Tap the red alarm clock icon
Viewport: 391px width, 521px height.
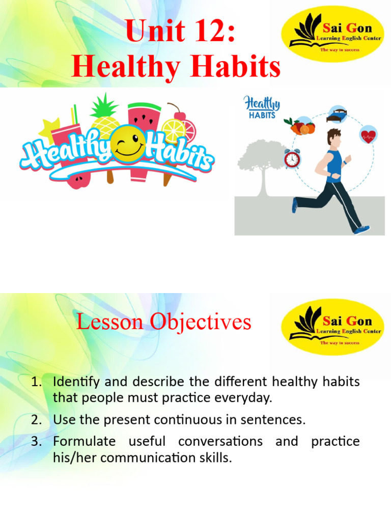(x=292, y=159)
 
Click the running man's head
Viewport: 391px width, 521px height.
(x=334, y=137)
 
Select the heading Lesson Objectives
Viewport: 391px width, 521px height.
(x=163, y=322)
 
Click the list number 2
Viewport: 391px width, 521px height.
(x=36, y=420)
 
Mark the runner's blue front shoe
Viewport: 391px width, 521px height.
(x=362, y=230)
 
